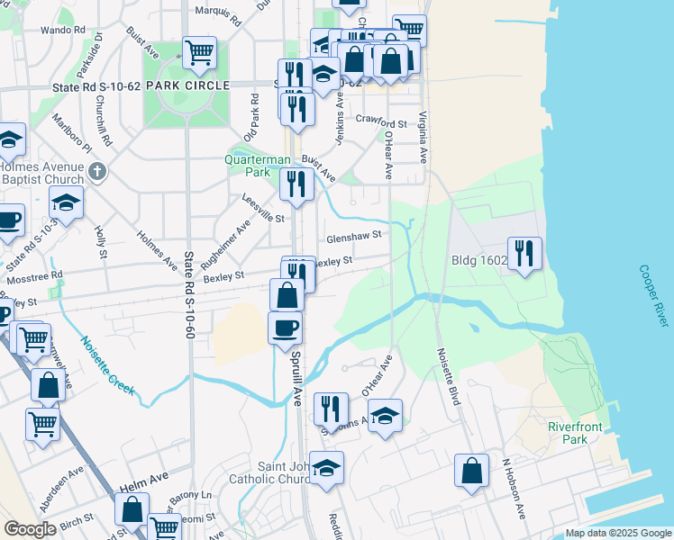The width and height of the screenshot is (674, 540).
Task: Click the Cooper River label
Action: [655, 296]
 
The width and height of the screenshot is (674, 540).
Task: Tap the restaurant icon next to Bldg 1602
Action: [524, 252]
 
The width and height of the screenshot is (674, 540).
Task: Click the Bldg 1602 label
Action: [479, 261]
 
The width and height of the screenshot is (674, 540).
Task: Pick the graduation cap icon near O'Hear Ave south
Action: [385, 415]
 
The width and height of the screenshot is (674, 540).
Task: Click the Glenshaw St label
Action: [354, 234]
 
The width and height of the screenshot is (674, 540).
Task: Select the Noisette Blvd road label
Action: [449, 376]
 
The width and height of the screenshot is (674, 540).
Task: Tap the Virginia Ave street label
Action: [423, 136]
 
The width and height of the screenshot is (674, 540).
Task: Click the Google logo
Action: [31, 529]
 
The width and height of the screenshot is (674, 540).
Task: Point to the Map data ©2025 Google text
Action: [617, 533]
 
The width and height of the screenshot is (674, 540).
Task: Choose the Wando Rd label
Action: [55, 30]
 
